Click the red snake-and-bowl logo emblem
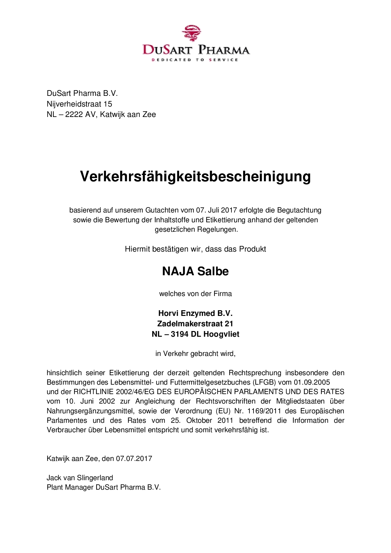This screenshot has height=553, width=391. point(191,33)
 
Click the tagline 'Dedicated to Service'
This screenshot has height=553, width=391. point(195,60)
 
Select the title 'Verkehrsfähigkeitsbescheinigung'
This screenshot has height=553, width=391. point(195,176)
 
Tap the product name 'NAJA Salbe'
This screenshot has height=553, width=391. point(195,271)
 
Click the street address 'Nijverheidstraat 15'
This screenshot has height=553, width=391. point(79,104)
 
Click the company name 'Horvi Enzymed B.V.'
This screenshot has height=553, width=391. point(195,313)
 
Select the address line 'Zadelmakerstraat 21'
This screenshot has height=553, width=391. point(195,323)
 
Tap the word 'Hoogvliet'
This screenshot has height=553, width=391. point(221,334)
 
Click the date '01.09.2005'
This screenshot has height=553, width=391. point(312,382)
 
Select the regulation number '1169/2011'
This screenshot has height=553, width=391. point(264,411)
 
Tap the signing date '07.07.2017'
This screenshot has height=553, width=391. point(134,458)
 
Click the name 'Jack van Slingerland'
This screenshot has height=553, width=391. point(80,478)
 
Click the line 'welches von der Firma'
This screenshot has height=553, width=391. point(195,294)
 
